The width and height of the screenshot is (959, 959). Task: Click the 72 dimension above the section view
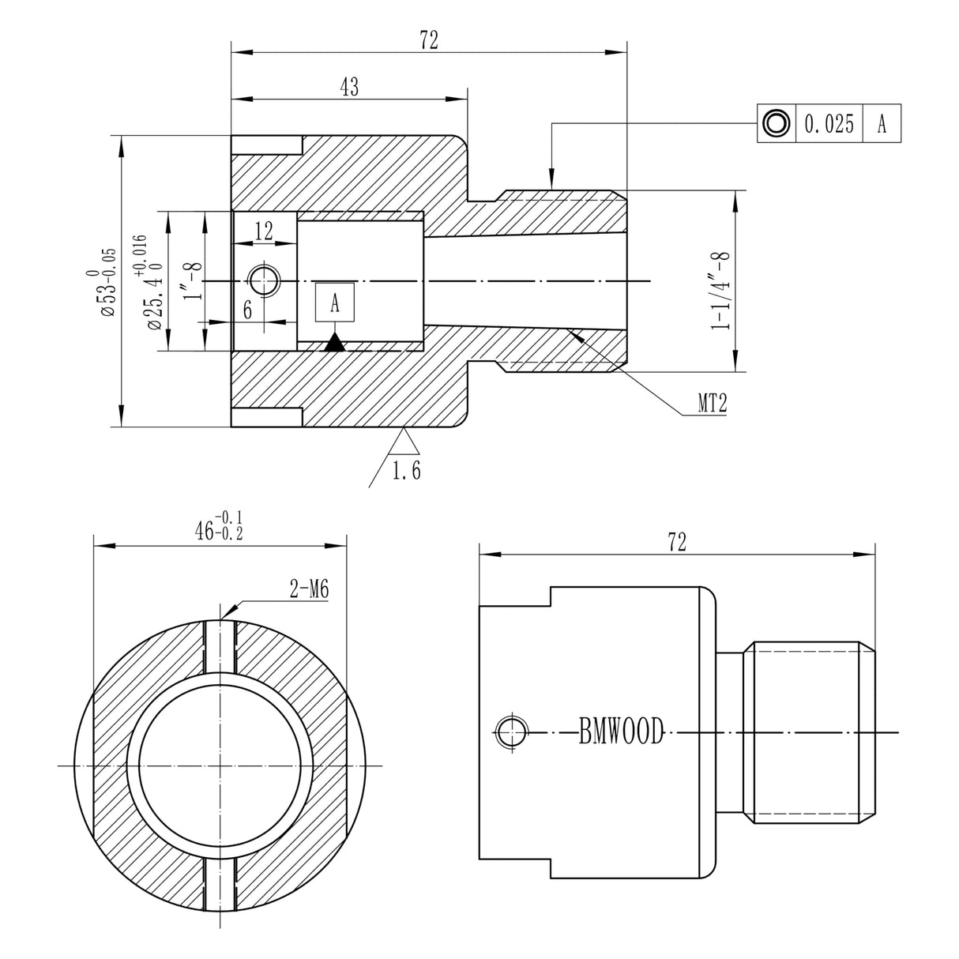coord(429,41)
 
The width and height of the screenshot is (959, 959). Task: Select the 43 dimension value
coord(349,87)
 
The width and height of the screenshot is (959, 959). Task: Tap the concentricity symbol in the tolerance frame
coord(776,124)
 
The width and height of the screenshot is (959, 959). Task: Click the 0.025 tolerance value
coord(829,124)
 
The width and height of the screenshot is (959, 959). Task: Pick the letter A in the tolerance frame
coord(882,124)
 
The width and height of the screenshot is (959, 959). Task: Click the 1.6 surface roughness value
coord(407,471)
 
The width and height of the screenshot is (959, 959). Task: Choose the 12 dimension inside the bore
coord(264,231)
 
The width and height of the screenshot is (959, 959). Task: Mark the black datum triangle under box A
coord(335,342)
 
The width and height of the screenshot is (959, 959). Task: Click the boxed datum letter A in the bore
coord(335,303)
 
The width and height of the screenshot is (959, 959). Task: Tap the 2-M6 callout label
coord(309,589)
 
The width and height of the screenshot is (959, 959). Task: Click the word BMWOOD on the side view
coord(621,732)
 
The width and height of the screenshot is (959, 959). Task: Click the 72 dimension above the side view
coord(677,541)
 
